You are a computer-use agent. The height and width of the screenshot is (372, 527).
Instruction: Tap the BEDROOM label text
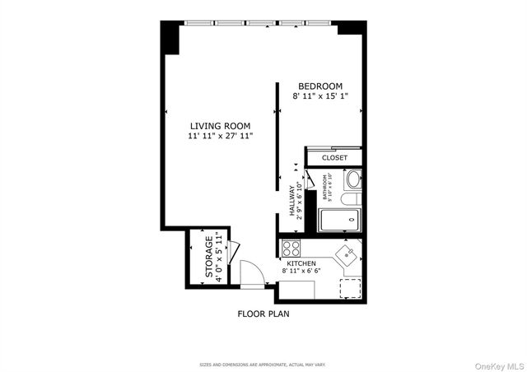pyautogui.click(x=320, y=86)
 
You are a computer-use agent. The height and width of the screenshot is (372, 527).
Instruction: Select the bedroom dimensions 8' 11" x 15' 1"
pyautogui.click(x=320, y=96)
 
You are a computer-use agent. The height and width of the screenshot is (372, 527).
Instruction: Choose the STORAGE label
pyautogui.click(x=209, y=257)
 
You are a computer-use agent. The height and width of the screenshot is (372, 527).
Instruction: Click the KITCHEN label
pyautogui.click(x=302, y=263)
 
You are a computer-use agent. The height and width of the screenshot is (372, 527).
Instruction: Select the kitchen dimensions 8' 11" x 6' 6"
pyautogui.click(x=302, y=271)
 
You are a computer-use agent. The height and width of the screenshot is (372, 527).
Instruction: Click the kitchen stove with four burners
pyautogui.click(x=291, y=247)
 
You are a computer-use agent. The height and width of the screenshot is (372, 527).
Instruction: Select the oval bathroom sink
pyautogui.click(x=353, y=179)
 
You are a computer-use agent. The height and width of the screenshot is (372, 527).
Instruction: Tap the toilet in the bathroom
pyautogui.click(x=349, y=198)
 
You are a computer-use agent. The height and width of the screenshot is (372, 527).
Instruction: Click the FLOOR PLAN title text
pyautogui.click(x=263, y=314)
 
